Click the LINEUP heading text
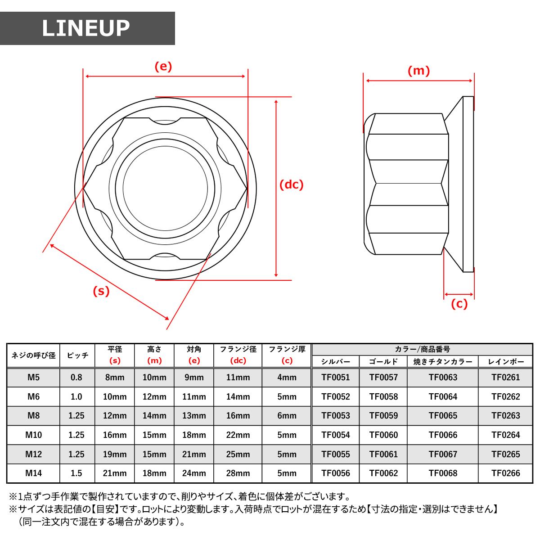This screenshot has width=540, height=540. pos(86,28)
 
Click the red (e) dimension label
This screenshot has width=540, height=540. pos(163,67)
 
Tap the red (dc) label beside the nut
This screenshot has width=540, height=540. pos(292,184)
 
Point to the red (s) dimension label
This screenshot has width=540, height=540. pos(101,291)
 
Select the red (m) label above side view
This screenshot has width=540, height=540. pos(418,71)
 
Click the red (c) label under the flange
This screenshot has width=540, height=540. pos(459,304)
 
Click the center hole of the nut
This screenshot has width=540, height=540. pos(165,188)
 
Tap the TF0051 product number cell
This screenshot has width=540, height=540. pos(335,377)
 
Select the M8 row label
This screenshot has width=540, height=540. pos(33,415)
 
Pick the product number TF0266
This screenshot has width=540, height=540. pos(505,473)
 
